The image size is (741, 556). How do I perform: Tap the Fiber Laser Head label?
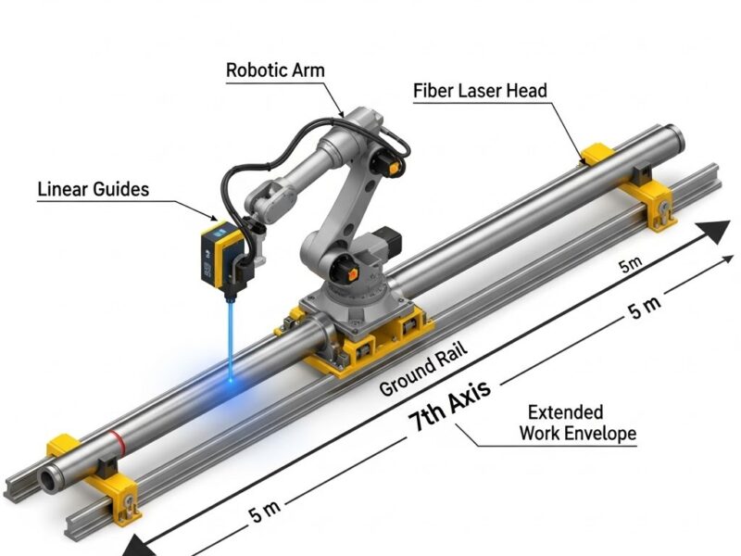[479, 91]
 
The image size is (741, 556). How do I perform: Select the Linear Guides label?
[93, 190]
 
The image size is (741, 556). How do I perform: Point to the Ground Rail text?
[422, 370]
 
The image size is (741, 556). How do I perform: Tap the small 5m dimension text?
[630, 266]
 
